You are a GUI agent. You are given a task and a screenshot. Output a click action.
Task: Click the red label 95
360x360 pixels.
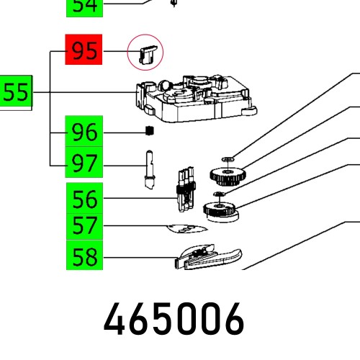pyautogui.click(x=84, y=51)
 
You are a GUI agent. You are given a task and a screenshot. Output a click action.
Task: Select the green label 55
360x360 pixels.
pyautogui.click(x=16, y=93)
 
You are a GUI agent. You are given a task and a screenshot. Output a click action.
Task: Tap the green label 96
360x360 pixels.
pyautogui.click(x=84, y=132)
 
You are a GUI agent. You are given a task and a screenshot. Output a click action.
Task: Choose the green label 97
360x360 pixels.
pyautogui.click(x=84, y=165)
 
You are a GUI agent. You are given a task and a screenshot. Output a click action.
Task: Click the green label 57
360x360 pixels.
pyautogui.click(x=84, y=228)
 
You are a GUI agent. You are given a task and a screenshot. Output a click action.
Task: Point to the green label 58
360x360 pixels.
pyautogui.click(x=84, y=257)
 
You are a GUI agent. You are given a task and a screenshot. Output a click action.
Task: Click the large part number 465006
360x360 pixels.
pyautogui.click(x=174, y=320)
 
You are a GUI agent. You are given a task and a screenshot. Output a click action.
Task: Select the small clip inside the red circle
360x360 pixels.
pyautogui.click(x=145, y=53)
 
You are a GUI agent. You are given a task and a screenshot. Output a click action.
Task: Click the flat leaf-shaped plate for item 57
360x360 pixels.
pyautogui.click(x=186, y=229)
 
